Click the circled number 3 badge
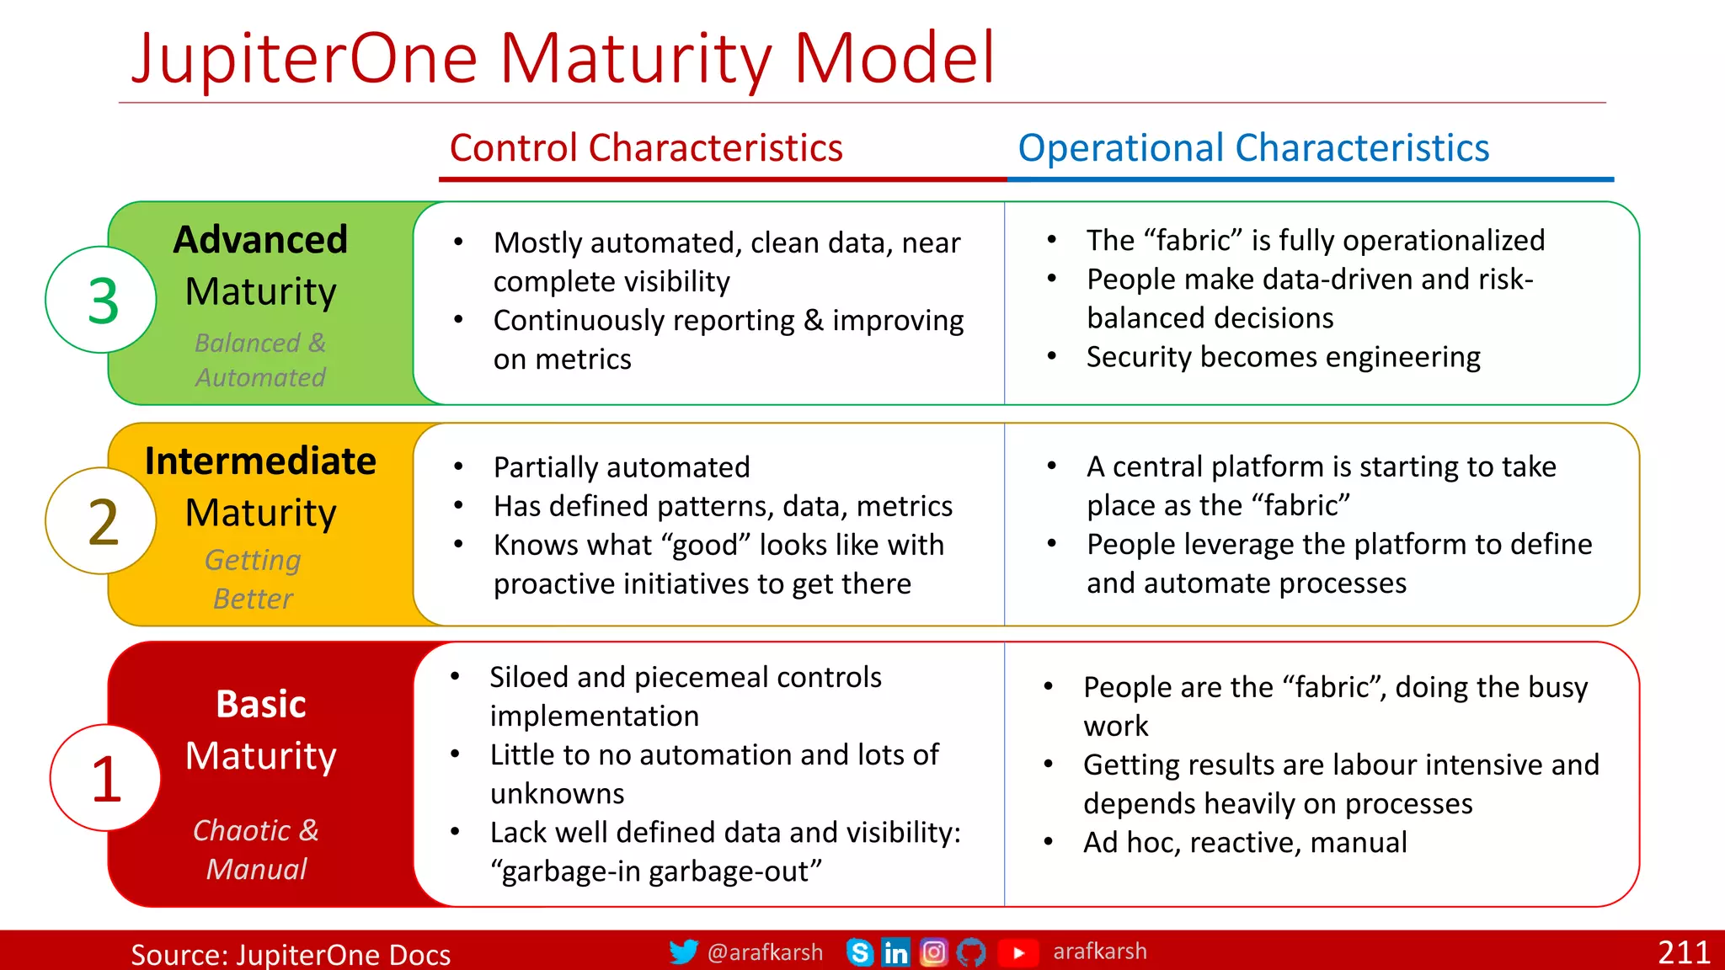click(101, 300)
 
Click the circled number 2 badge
click(101, 521)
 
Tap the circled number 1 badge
click(105, 778)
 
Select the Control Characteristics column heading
click(645, 148)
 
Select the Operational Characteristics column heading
click(1252, 148)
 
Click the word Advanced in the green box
click(260, 240)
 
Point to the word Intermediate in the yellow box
click(260, 461)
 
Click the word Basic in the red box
click(260, 704)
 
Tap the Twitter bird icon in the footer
click(683, 951)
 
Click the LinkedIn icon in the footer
click(895, 952)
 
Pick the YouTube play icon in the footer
click(1018, 952)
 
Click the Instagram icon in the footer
click(933, 952)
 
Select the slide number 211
click(1684, 952)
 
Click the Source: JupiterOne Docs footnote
click(291, 955)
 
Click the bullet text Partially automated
click(622, 467)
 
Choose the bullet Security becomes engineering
click(1283, 357)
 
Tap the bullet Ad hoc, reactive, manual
click(1245, 842)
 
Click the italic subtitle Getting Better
click(253, 579)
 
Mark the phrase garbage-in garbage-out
click(656, 871)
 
